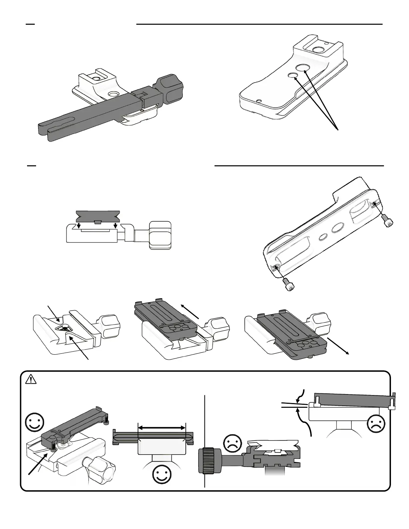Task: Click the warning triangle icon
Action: [x=31, y=379]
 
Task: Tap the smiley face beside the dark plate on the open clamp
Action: [x=34, y=422]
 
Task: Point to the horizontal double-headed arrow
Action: [x=161, y=427]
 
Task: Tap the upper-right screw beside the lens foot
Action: [x=388, y=223]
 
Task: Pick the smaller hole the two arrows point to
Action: [x=293, y=76]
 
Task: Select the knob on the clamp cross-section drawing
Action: [x=160, y=235]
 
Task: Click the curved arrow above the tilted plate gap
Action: [x=301, y=395]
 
